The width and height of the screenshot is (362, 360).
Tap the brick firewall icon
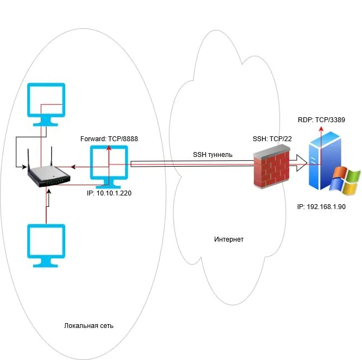272,167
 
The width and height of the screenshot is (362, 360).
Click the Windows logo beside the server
345,181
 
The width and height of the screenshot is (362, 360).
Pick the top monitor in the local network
46,104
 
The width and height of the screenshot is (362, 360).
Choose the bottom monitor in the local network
46,245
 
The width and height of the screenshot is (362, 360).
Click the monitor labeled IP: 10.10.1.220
109,167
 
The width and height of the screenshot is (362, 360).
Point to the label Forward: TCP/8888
109,139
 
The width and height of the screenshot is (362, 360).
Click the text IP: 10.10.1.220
109,193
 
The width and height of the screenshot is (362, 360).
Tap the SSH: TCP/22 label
272,139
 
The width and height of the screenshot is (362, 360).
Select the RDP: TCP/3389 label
321,120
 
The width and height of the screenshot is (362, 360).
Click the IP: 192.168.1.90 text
321,207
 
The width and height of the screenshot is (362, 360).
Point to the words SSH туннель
213,155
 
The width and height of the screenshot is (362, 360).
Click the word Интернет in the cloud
229,239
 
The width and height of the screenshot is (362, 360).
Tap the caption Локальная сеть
89,326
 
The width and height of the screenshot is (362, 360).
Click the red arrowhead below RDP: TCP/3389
321,129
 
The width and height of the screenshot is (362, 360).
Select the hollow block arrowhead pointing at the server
301,163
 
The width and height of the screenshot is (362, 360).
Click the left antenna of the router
28,160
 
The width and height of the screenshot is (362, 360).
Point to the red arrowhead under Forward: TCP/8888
109,148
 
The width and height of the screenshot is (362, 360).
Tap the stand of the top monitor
46,121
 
